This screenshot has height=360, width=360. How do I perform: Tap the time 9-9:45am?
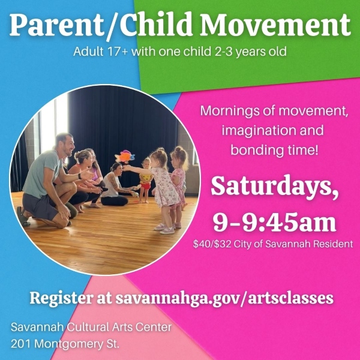coord(274,221)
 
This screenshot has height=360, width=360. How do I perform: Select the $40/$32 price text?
coord(212,244)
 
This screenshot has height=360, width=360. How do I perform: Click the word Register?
coord(61,298)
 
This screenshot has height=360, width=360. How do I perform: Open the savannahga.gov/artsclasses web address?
coord(224,298)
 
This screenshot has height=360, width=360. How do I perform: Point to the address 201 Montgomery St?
coord(65,344)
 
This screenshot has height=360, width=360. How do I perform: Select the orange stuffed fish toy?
coord(125,157)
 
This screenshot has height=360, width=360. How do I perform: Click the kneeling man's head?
coord(65,144)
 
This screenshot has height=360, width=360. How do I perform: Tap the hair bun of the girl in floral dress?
coord(161,150)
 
